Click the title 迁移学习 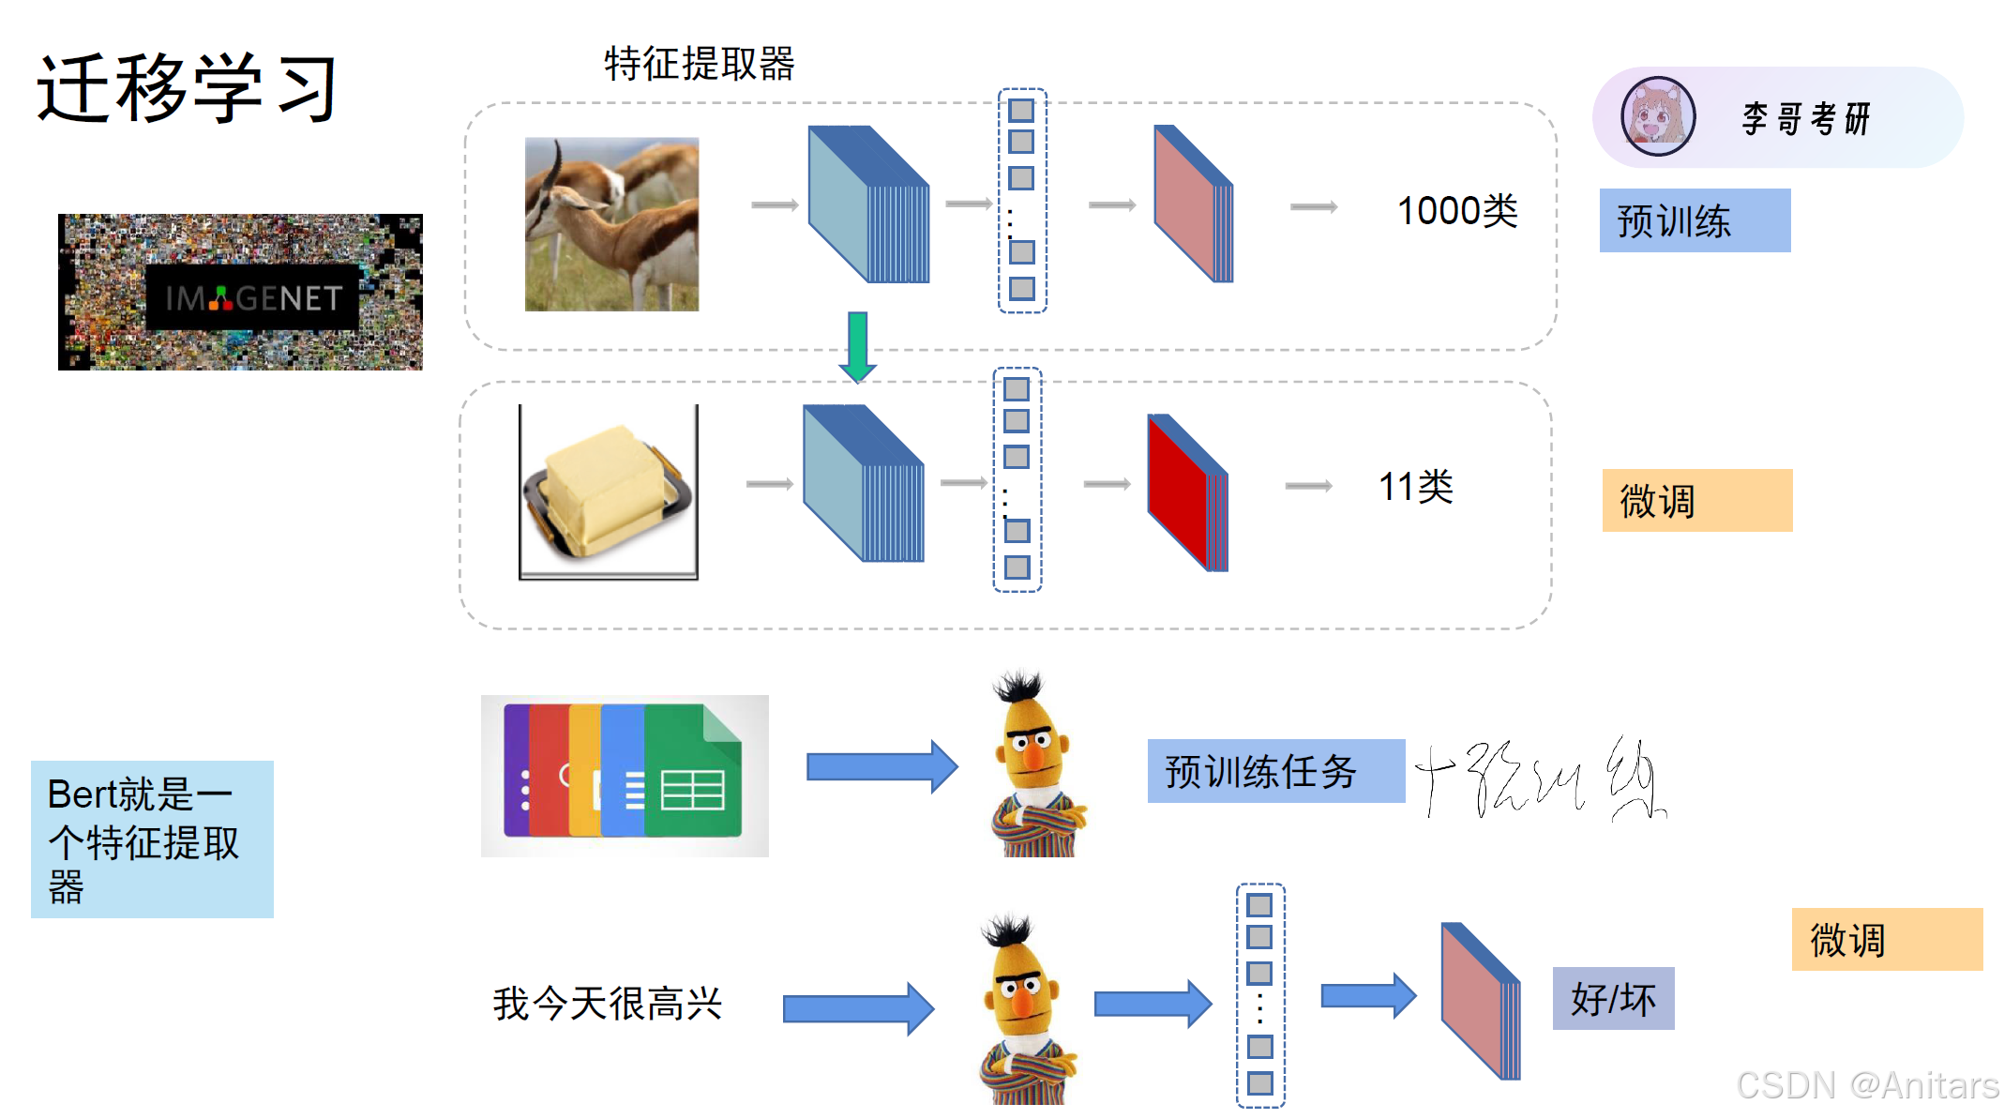coord(187,88)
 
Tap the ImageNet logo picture coord(240,292)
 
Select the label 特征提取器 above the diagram coord(699,64)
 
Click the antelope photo coord(611,224)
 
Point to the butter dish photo coord(609,491)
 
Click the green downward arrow coord(857,346)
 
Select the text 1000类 coord(1456,211)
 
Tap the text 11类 coord(1415,487)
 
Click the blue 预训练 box coord(1695,220)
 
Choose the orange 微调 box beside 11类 coord(1696,500)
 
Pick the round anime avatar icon coord(1658,116)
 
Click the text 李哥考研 coord(1806,118)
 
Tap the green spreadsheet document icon coord(693,772)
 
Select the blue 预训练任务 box coord(1275,771)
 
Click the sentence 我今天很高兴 coord(607,1004)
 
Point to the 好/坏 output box coord(1613,999)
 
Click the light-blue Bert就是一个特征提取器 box coord(152,839)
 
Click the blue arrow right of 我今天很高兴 coord(858,1008)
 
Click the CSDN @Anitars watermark coord(1866,1085)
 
